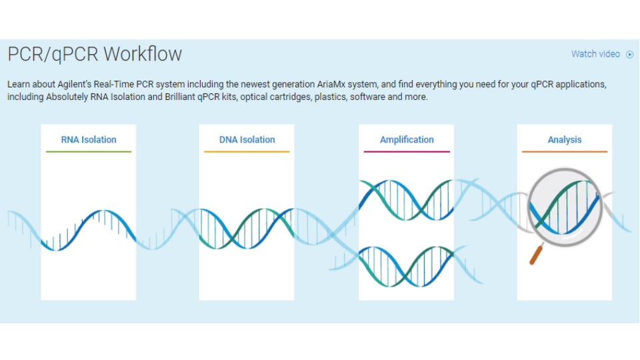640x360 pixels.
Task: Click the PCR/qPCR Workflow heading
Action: pos(95,54)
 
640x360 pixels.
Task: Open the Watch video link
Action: pos(595,54)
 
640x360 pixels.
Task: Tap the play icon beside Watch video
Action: pos(629,55)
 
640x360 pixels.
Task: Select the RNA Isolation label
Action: pos(89,139)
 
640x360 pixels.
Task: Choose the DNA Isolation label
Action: pos(247,139)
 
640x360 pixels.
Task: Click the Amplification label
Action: pos(407,139)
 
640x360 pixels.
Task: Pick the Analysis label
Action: pos(565,139)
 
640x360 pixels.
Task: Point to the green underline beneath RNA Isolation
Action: pos(89,152)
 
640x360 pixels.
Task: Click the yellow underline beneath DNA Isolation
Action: pos(247,152)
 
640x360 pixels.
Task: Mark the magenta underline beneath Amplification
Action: pos(407,152)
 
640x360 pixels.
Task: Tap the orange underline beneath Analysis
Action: pos(565,152)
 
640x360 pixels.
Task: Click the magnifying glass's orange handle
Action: pos(535,255)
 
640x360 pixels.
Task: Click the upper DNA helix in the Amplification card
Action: pos(407,199)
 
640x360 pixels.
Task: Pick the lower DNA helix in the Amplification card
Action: pos(407,265)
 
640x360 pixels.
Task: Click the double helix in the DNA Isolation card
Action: pos(247,229)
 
